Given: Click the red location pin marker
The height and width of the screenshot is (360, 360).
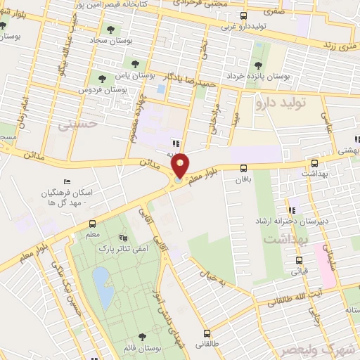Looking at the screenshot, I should [180, 166].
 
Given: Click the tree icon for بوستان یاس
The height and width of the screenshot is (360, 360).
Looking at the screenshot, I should [103, 79].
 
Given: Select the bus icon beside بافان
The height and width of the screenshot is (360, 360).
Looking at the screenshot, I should [243, 169].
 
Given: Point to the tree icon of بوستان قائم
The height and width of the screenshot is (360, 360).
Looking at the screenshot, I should [143, 337].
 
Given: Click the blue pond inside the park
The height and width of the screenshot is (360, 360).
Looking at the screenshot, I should [103, 288].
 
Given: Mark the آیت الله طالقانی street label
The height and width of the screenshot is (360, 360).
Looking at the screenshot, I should [294, 297].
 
